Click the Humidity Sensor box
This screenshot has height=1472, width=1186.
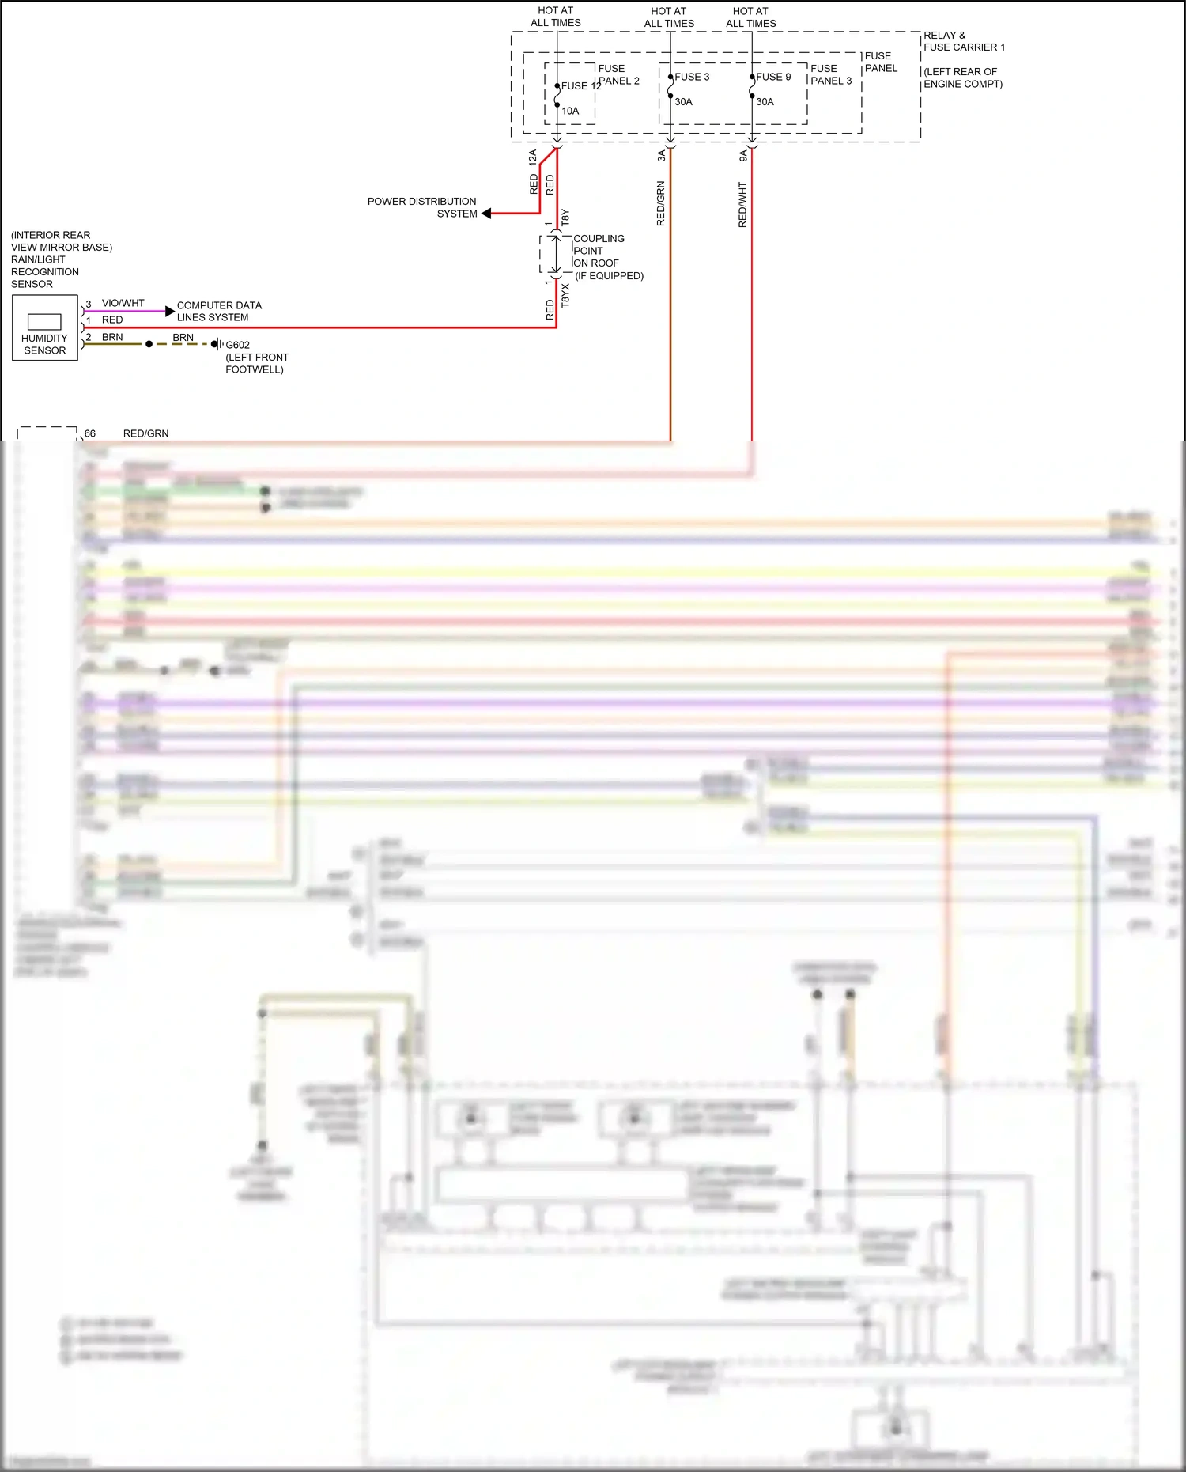45,328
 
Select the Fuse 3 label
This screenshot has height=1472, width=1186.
692,77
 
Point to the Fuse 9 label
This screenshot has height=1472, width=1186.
773,77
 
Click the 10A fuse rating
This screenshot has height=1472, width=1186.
570,111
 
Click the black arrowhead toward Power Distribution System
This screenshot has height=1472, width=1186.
486,214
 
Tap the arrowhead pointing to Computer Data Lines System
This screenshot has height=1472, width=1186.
169,311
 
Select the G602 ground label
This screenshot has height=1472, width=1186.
237,345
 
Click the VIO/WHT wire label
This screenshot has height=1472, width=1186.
123,303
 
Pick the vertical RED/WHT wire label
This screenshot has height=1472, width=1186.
742,205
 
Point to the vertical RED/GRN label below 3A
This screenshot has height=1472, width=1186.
660,203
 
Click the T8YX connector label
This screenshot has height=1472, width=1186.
565,295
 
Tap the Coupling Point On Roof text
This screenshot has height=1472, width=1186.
599,251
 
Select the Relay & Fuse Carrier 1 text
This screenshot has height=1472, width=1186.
963,41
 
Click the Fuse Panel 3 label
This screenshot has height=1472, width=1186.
830,74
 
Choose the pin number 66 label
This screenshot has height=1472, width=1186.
90,433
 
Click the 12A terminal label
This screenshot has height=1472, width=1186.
533,157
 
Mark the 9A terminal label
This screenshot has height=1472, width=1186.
742,156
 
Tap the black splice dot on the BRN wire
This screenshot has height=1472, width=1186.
149,344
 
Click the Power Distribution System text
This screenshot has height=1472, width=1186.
421,207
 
